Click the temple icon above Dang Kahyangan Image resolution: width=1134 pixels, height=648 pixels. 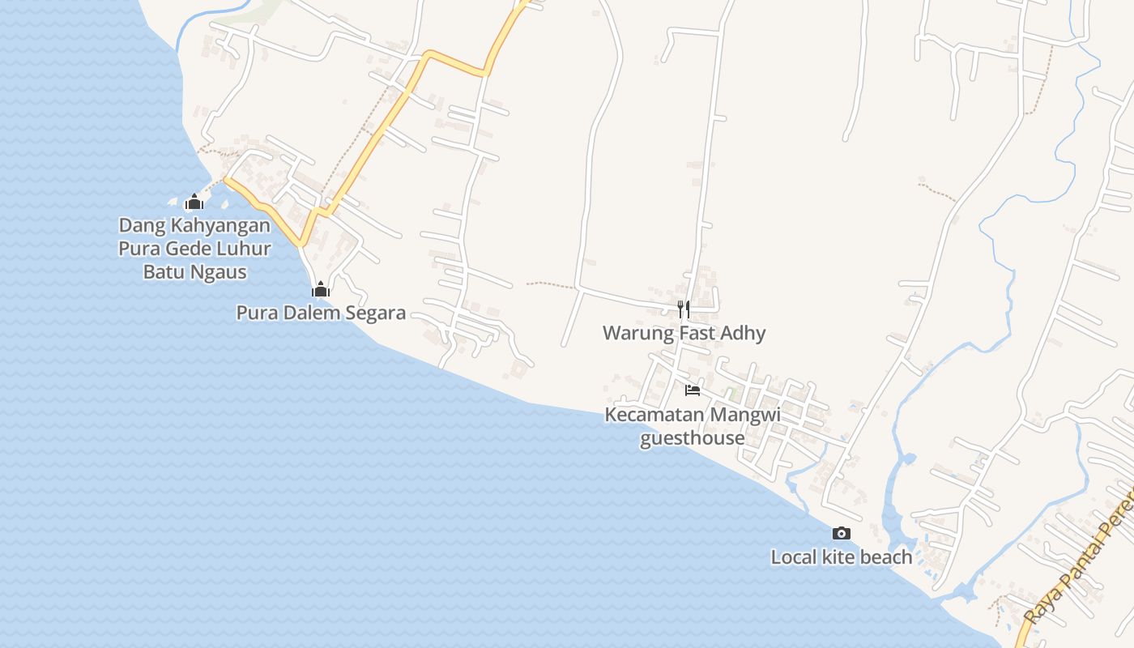[194, 202]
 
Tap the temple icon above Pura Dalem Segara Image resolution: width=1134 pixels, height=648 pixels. [321, 289]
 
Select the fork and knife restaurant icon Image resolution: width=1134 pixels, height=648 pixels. [684, 309]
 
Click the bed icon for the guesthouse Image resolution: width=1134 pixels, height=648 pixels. [692, 390]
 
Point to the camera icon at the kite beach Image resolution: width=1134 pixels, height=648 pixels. [842, 533]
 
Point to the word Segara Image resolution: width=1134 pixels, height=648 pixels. [376, 313]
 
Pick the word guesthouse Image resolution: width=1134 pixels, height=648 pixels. [692, 438]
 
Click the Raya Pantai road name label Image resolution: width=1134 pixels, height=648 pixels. [1077, 567]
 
